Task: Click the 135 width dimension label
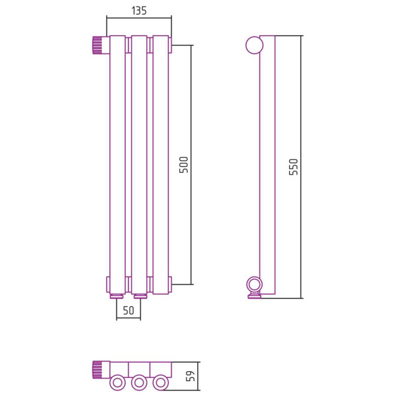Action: pyautogui.click(x=139, y=11)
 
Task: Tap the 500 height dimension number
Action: pyautogui.click(x=184, y=165)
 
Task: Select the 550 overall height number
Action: pyautogui.click(x=294, y=167)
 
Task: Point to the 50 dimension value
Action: pyautogui.click(x=128, y=310)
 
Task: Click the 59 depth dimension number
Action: pyautogui.click(x=191, y=376)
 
